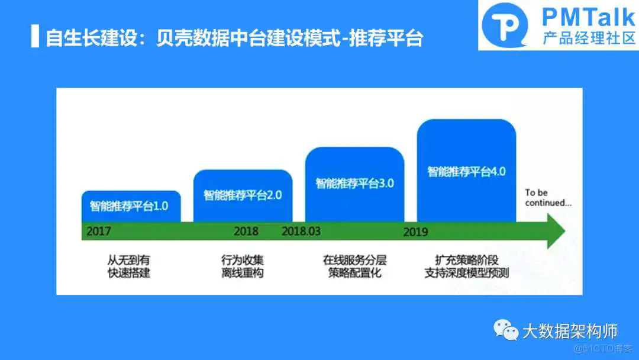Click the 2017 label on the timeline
point(99,232)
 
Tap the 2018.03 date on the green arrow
point(301,231)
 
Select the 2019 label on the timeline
point(415,232)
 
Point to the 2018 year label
point(246,231)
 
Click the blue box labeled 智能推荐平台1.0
point(130,206)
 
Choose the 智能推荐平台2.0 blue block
point(243,195)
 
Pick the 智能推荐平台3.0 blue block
point(354,183)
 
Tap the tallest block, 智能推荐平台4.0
point(466,172)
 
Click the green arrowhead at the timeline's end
point(554,231)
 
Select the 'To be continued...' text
point(548,198)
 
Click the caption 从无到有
point(125,260)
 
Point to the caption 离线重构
point(243,273)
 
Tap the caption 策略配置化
point(354,273)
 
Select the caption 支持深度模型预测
point(467,273)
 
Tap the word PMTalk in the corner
point(588,16)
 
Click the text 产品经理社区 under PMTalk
point(588,38)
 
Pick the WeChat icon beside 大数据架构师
point(506,330)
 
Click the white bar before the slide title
point(35,37)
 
